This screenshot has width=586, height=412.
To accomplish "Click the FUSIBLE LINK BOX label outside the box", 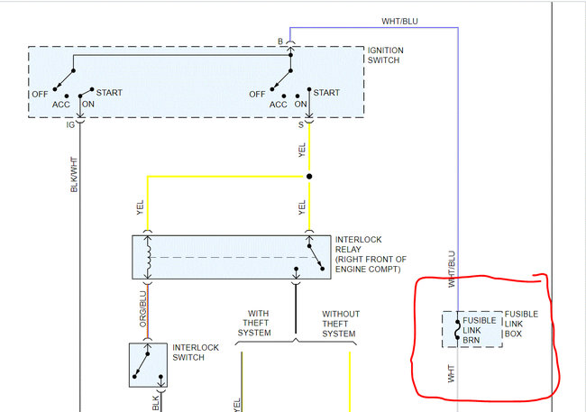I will point(521,325).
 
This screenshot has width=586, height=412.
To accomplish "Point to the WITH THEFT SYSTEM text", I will point(254,325).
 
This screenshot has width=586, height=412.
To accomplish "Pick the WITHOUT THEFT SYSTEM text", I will point(341,325).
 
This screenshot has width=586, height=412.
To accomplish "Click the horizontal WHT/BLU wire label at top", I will point(400,21).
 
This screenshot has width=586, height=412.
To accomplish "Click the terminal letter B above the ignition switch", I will point(280,41).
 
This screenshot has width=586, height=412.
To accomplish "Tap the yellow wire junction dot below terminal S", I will point(309,177).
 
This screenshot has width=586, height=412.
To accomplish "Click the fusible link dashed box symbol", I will point(472,329).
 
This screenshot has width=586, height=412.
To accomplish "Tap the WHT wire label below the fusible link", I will point(452,373).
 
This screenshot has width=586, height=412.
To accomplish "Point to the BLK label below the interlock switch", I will point(155,402).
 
